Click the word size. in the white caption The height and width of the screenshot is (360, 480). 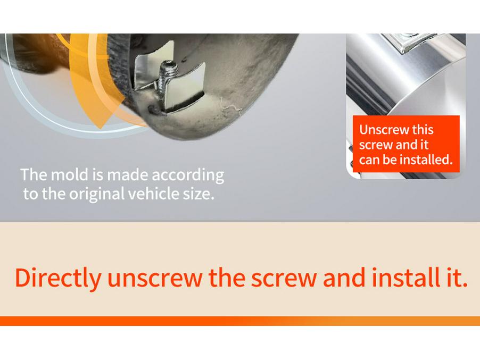point(196,193)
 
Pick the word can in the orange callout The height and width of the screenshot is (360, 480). point(369,159)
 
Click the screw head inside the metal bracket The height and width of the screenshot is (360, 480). point(169,66)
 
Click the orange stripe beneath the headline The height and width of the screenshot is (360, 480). point(239,321)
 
